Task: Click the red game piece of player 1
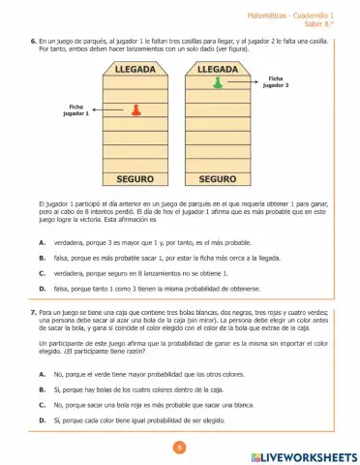point(135,109)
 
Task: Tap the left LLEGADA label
point(135,71)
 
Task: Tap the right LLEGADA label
point(218,71)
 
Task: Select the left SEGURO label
point(135,179)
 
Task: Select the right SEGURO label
point(218,179)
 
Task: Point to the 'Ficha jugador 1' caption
point(75,109)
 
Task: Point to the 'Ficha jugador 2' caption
point(276,81)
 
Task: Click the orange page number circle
point(179,447)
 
